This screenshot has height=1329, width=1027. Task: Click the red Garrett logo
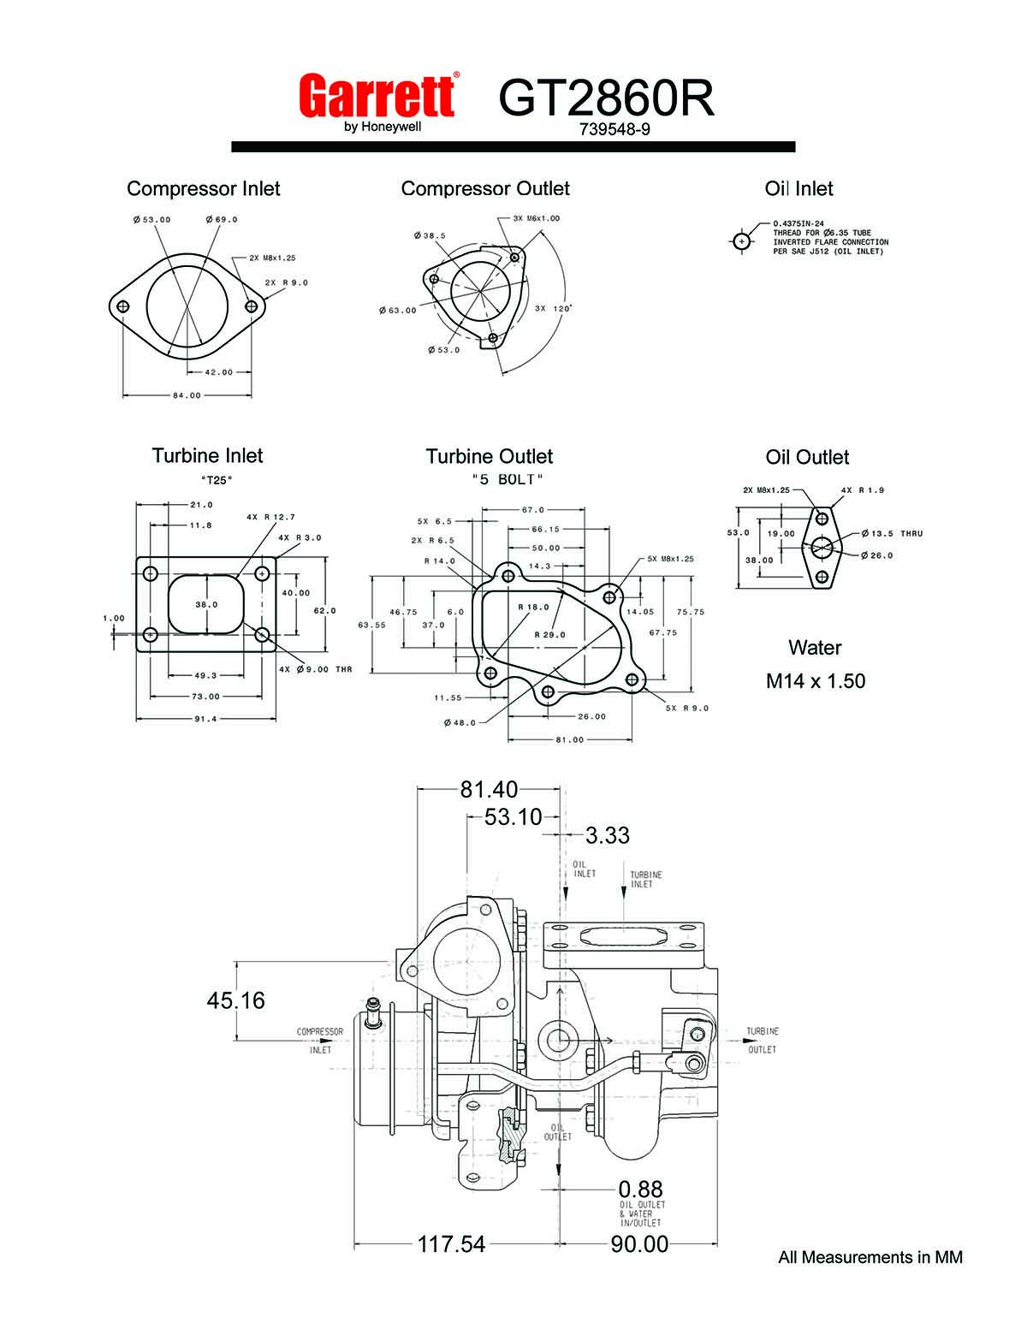(377, 95)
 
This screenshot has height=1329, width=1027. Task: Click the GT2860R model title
(605, 98)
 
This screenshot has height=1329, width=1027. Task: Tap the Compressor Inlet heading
(203, 188)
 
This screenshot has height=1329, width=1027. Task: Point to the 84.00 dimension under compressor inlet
(187, 395)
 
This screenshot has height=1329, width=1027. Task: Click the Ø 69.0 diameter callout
(222, 220)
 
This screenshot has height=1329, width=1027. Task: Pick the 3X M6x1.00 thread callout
(537, 218)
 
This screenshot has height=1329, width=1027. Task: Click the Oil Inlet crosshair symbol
(741, 241)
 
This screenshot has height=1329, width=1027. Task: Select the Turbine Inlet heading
(207, 455)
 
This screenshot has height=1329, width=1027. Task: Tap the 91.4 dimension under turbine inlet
(205, 719)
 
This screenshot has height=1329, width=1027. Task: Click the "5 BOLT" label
(508, 479)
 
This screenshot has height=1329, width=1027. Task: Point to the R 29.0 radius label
(550, 635)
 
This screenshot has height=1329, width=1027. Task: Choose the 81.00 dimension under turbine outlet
(569, 739)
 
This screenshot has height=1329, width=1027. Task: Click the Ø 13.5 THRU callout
(896, 533)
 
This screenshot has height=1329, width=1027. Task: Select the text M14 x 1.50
(816, 681)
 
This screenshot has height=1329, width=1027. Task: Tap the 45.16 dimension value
(235, 1000)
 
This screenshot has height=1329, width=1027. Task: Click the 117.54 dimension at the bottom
(451, 1243)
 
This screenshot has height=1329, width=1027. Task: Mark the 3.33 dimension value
(608, 835)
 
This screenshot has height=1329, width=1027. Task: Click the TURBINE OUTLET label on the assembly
(762, 1040)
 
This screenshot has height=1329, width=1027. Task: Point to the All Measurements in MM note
(870, 1257)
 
